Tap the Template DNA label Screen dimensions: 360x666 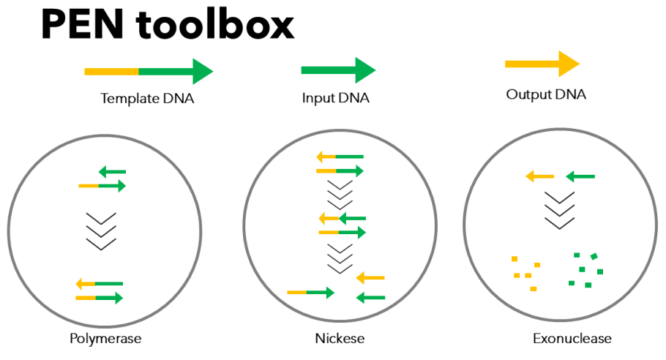[x=147, y=98]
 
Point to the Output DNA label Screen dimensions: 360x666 [x=546, y=95]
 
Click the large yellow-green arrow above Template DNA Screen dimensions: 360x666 [x=149, y=72]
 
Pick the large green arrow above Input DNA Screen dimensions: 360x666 [x=338, y=70]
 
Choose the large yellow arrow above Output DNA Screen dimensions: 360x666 [x=542, y=64]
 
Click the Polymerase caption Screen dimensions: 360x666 [x=105, y=339]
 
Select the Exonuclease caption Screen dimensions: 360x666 [x=572, y=339]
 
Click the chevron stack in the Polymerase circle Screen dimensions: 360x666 [x=102, y=231]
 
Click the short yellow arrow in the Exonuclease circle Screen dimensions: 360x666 [x=540, y=176]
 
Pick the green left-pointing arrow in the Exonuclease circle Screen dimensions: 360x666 [x=580, y=176]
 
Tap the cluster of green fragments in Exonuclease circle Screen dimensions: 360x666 [x=585, y=270]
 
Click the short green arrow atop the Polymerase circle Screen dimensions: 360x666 [x=113, y=172]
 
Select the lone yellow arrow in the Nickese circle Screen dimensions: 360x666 [x=370, y=278]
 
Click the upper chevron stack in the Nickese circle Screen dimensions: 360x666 [x=339, y=193]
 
